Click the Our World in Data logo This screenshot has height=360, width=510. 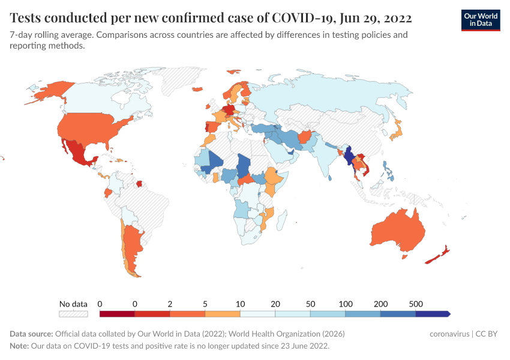point(481,20)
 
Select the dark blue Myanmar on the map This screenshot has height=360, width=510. point(347,157)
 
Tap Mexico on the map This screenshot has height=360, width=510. point(77,154)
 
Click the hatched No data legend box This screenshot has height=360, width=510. point(73,313)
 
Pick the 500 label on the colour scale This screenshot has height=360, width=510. point(415,304)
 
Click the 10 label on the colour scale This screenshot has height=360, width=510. point(240,304)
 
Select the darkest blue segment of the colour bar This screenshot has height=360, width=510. point(432,313)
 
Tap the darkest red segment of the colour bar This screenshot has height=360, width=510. point(117,313)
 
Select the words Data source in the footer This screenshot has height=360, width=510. point(31,334)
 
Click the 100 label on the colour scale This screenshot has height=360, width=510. point(346,304)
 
